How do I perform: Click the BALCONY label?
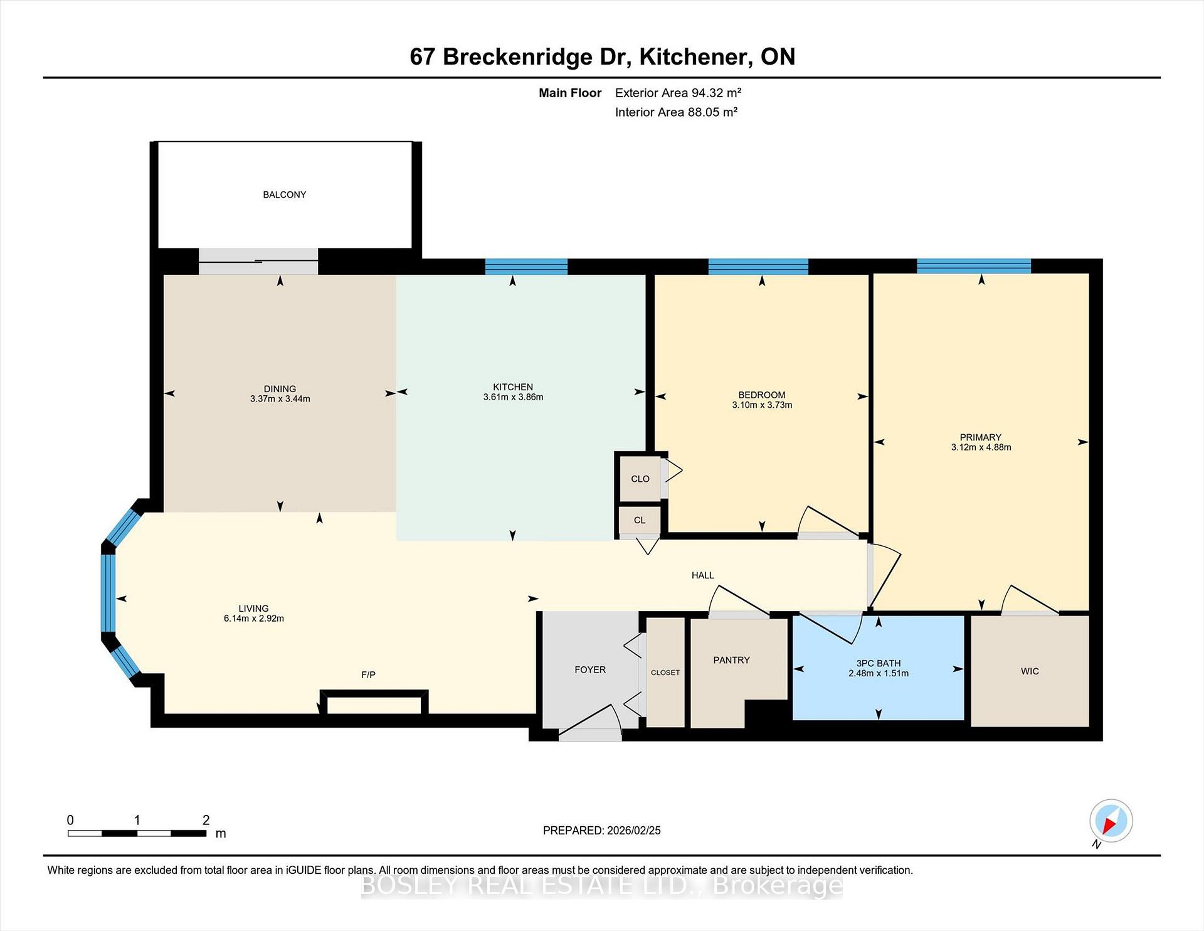click(x=284, y=194)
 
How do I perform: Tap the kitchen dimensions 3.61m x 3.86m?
click(x=513, y=397)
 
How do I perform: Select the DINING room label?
click(x=280, y=389)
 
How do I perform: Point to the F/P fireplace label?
click(x=368, y=674)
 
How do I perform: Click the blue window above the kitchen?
click(x=526, y=267)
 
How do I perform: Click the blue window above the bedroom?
click(x=758, y=267)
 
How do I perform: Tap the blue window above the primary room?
click(x=973, y=266)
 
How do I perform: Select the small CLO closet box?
click(x=640, y=479)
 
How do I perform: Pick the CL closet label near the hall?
click(x=640, y=520)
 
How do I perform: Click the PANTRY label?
click(x=731, y=660)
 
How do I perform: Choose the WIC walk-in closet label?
click(x=1030, y=671)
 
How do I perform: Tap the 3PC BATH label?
click(x=878, y=663)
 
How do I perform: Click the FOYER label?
click(x=590, y=670)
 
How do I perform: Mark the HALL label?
click(x=702, y=575)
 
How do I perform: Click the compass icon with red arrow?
click(x=1111, y=821)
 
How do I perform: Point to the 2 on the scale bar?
click(x=206, y=820)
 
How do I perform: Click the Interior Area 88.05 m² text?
click(x=675, y=112)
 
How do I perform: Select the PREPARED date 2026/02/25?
click(x=633, y=831)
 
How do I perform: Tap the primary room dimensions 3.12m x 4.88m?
click(x=981, y=447)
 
